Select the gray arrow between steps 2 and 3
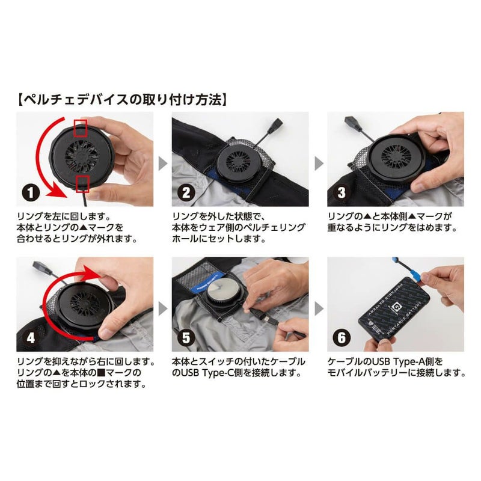point(317,162)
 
